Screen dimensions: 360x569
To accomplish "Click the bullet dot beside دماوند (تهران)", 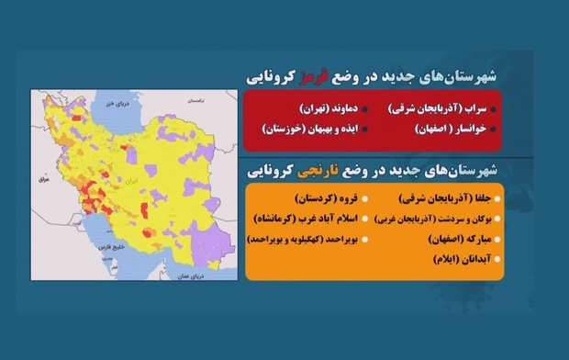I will [x=365, y=107].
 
